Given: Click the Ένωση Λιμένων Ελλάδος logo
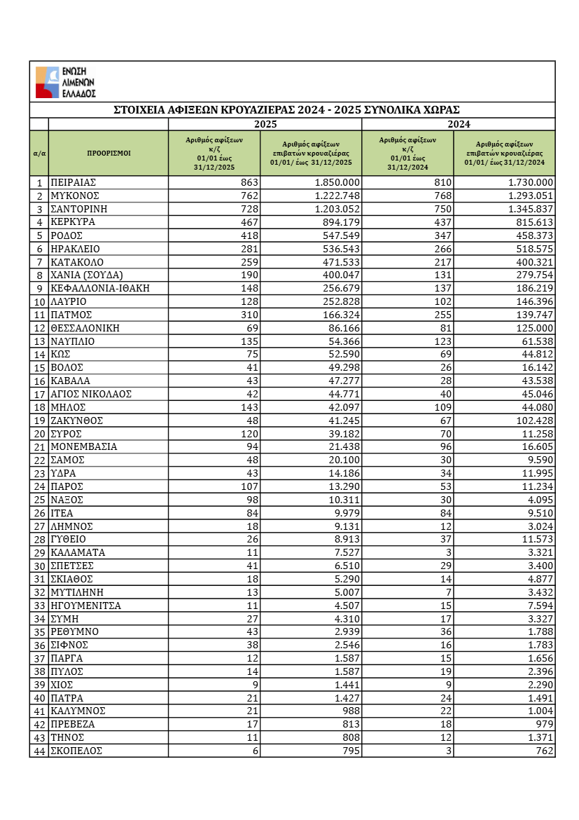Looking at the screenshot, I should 66,82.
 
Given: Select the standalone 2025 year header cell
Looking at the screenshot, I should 265,124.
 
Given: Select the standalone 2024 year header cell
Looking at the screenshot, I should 458,124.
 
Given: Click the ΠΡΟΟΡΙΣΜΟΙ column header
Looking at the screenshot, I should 109,153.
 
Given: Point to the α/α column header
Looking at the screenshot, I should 39,153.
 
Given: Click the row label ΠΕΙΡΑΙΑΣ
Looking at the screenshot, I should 73,182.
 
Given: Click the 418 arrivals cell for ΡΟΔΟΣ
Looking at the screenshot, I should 249,235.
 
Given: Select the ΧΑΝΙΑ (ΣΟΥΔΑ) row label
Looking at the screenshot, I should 86,275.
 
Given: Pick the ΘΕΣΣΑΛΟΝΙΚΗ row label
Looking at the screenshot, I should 85,328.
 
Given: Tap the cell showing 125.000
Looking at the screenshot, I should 532,328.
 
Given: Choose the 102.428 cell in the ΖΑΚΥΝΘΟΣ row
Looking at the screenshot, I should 532,421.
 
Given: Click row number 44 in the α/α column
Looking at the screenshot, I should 39,751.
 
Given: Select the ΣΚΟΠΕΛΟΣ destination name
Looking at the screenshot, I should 76,751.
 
